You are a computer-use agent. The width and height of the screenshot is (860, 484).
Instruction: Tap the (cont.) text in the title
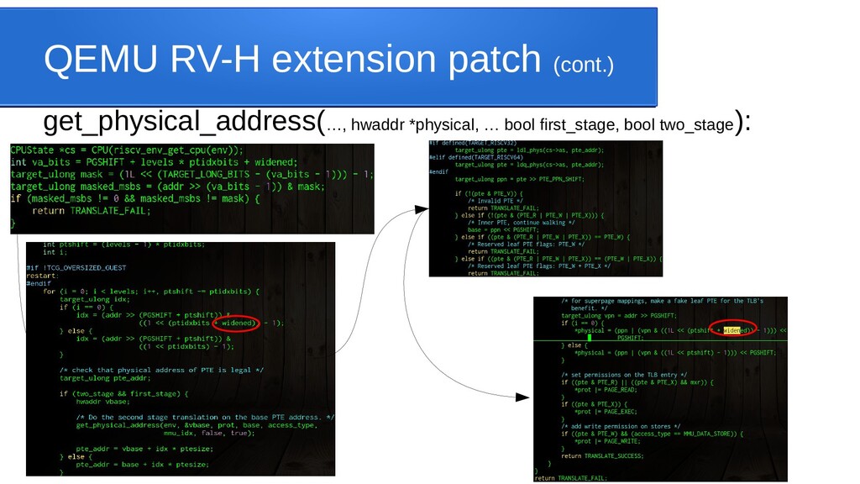(x=583, y=65)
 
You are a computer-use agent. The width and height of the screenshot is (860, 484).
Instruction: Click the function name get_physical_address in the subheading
(x=181, y=122)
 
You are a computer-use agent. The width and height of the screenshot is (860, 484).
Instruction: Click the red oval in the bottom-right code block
(x=733, y=330)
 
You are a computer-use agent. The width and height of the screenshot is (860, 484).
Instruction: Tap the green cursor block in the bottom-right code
(x=590, y=338)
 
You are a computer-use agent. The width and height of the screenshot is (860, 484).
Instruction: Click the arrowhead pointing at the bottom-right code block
(x=523, y=397)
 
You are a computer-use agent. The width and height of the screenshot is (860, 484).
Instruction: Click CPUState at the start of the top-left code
(x=34, y=149)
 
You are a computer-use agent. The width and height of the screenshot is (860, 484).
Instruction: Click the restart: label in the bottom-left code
(x=42, y=275)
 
